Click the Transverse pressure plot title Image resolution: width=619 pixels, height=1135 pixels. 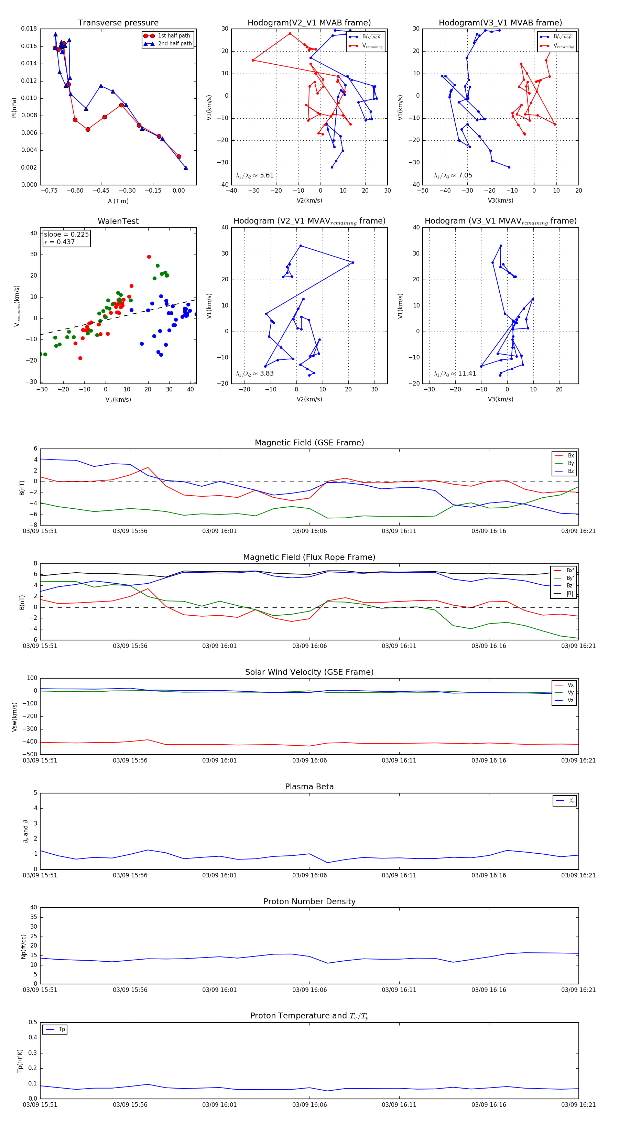(x=118, y=23)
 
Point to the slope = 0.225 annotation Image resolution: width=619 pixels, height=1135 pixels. (x=66, y=235)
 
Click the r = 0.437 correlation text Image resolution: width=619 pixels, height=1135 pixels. (x=59, y=242)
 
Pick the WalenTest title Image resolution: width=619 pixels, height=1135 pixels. (x=118, y=221)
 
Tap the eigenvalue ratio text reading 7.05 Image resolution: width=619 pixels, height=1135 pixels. (x=453, y=175)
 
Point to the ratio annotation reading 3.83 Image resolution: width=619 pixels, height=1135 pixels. (x=254, y=374)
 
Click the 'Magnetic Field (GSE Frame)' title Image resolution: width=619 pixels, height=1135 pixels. (x=309, y=443)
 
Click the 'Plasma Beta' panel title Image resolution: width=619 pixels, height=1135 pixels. (x=309, y=787)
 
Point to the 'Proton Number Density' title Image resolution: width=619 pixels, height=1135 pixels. (x=309, y=901)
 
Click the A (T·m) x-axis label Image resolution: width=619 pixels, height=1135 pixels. (x=118, y=201)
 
